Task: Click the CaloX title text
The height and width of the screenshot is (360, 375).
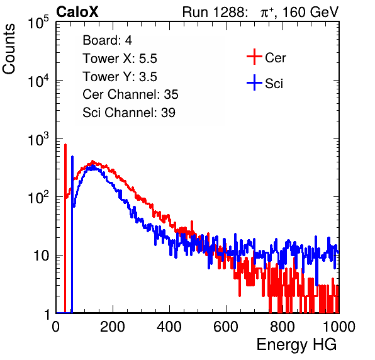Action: click(77, 12)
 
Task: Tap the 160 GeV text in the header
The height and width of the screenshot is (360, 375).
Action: click(310, 12)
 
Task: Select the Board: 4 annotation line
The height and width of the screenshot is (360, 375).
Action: click(107, 40)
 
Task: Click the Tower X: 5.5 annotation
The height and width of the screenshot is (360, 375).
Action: click(120, 59)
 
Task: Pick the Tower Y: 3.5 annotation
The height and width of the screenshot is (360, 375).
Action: click(120, 77)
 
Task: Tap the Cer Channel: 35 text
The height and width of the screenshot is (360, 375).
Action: click(130, 94)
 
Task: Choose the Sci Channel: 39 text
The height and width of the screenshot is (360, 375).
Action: click(129, 113)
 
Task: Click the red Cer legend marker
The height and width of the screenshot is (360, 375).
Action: click(254, 57)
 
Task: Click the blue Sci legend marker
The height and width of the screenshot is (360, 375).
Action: click(254, 82)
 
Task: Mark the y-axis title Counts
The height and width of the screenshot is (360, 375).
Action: click(9, 48)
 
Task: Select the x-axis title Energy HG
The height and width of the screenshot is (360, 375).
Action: click(296, 345)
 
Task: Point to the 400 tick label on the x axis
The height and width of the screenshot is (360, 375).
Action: click(169, 327)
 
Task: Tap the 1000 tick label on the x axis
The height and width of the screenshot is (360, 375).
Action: click(339, 327)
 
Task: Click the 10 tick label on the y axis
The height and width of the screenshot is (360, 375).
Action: click(41, 256)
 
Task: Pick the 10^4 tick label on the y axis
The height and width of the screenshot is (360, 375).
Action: click(38, 80)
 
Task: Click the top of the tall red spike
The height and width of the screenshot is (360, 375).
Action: click(65, 145)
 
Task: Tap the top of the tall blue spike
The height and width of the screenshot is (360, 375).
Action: click(72, 157)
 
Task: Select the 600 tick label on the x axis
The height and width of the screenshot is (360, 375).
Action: click(226, 327)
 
